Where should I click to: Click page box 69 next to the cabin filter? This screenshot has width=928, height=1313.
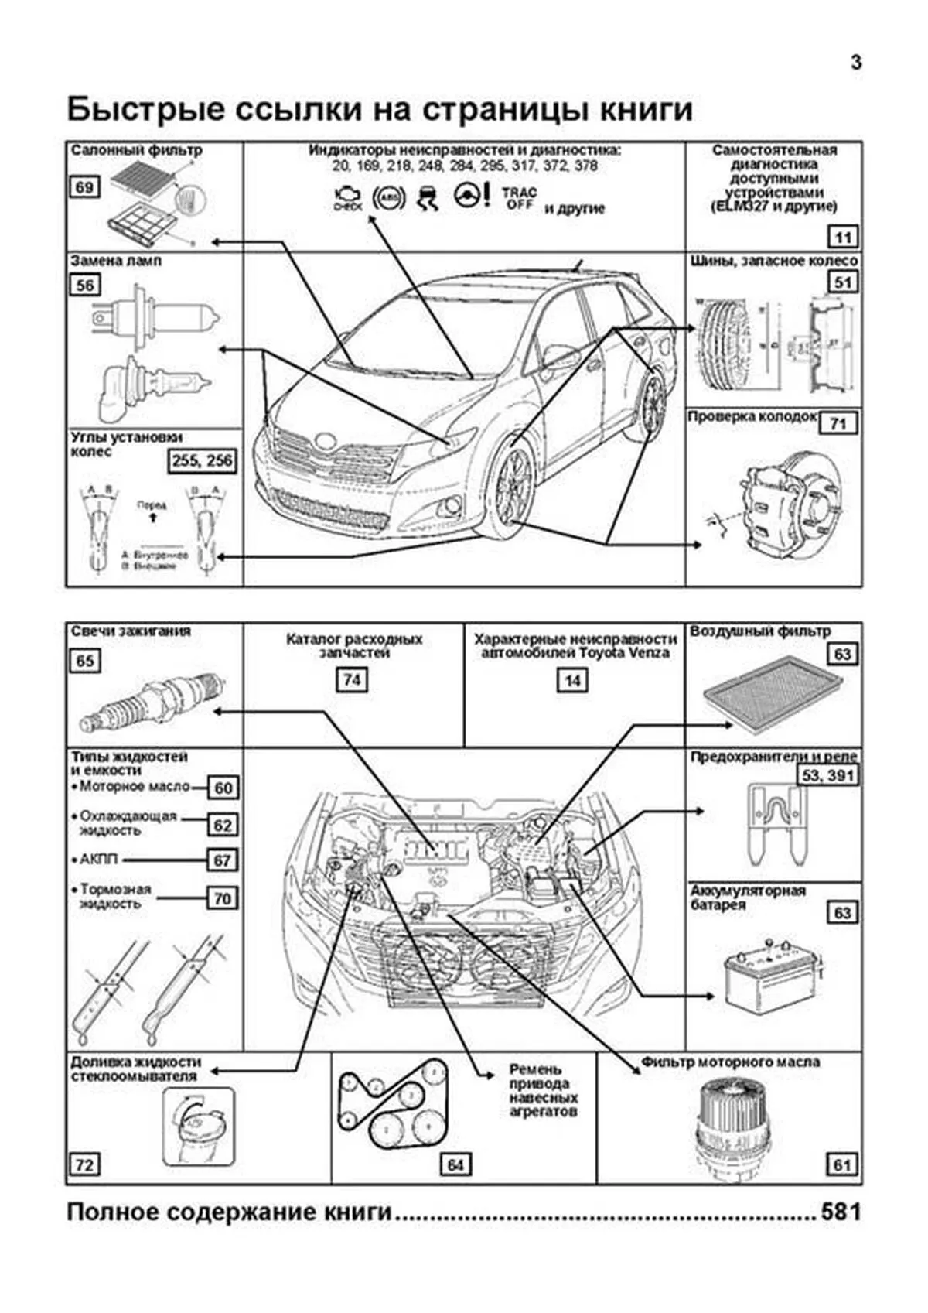click(x=84, y=187)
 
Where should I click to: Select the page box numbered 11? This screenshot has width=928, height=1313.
click(x=843, y=237)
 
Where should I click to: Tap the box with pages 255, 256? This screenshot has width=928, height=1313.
click(x=202, y=461)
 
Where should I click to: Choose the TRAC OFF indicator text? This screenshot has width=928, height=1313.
click(x=519, y=198)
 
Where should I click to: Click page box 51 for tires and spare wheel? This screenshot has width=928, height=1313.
click(x=843, y=282)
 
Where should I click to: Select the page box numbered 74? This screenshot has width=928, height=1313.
click(x=352, y=680)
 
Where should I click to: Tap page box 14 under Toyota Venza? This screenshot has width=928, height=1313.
click(x=572, y=681)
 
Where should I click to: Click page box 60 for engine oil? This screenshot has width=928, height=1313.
click(x=223, y=788)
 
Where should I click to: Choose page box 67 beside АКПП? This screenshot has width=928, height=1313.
click(x=223, y=860)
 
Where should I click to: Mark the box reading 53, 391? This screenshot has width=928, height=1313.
click(x=828, y=775)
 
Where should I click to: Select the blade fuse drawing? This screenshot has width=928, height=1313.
click(x=774, y=823)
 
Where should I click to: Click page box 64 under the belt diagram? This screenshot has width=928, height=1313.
click(x=455, y=1164)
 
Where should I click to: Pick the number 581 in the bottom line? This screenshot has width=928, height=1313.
click(x=841, y=1212)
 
